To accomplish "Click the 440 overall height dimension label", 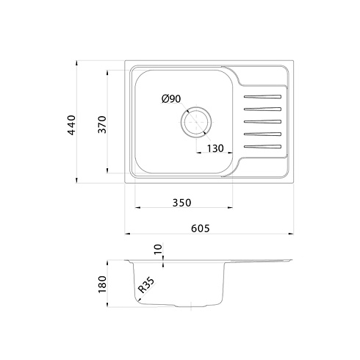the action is pyautogui.click(x=71, y=125).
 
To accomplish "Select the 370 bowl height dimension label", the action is pyautogui.click(x=102, y=124).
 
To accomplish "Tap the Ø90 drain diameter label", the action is pyautogui.click(x=171, y=98).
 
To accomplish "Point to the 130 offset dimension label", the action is pyautogui.click(x=215, y=148).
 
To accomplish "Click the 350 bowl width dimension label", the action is pyautogui.click(x=181, y=203).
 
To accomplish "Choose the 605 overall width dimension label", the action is pyautogui.click(x=201, y=228).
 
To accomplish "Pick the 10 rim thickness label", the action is pyautogui.click(x=158, y=249).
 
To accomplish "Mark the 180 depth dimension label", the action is pyautogui.click(x=102, y=284).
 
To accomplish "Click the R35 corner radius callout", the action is pyautogui.click(x=146, y=285).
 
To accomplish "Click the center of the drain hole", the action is pyautogui.click(x=196, y=122).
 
